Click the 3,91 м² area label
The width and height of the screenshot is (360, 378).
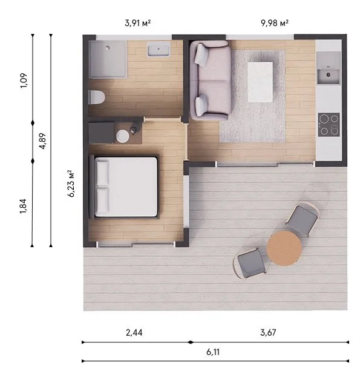click(138, 23)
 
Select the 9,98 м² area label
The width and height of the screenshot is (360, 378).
click(275, 23)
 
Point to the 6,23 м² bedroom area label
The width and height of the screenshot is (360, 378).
click(71, 184)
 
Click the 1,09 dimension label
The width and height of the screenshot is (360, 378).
click(24, 81)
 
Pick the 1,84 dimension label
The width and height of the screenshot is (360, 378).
click(24, 206)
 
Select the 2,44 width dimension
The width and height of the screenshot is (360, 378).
click(134, 333)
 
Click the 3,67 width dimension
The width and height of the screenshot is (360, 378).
click(268, 333)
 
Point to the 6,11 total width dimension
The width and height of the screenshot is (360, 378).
click(213, 352)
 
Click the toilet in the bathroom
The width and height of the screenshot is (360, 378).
click(96, 97)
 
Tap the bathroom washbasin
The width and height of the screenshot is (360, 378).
click(159, 49)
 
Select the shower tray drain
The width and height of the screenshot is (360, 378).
click(108, 48)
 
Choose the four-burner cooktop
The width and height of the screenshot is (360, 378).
click(329, 125)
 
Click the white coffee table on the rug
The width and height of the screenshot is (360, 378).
click(260, 82)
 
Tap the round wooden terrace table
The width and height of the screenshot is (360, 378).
click(284, 248)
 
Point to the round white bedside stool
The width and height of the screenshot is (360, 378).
click(123, 136)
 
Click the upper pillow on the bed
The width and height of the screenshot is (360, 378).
click(102, 173)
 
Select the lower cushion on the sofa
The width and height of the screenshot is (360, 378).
click(201, 105)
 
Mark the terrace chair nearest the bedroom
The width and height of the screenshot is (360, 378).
click(250, 264)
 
